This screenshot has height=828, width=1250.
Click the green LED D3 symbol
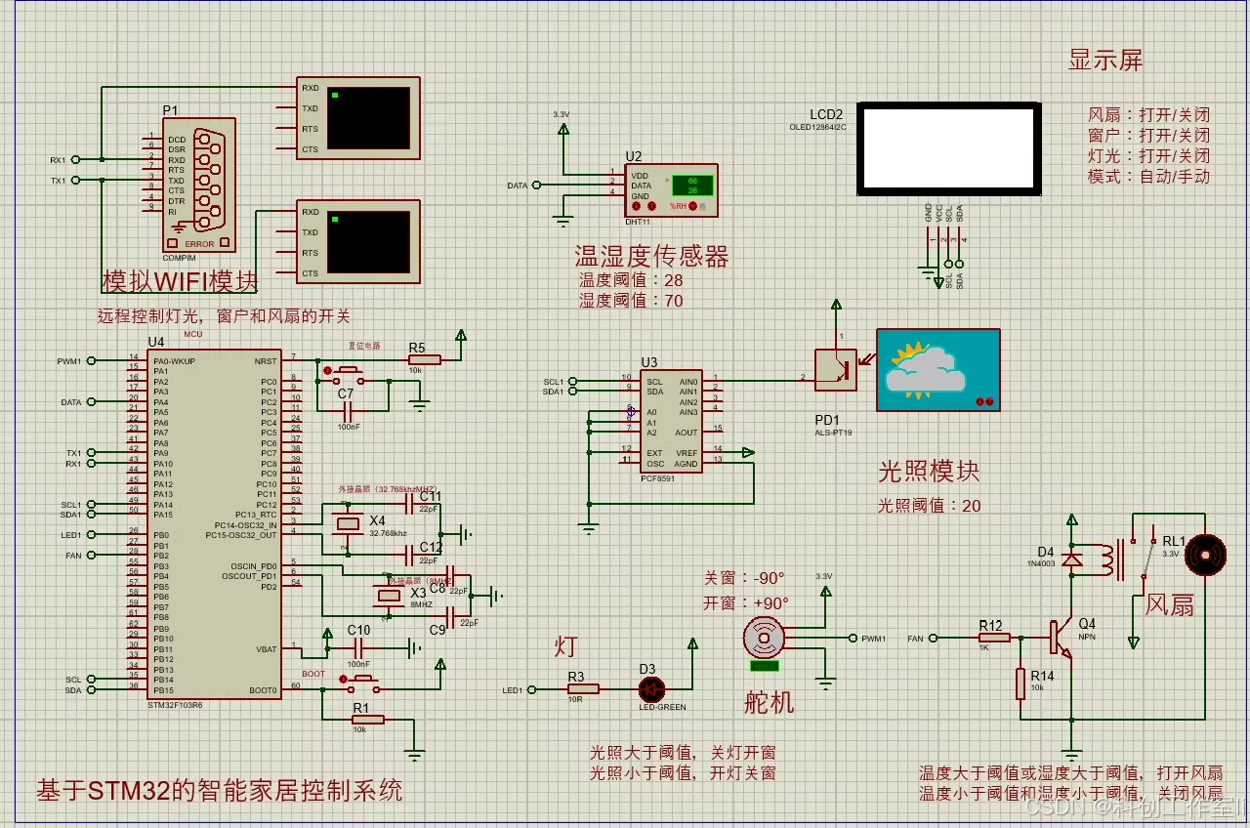(651, 688)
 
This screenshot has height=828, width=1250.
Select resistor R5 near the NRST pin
(424, 360)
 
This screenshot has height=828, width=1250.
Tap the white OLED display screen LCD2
(946, 148)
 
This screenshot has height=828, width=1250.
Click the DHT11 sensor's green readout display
(691, 186)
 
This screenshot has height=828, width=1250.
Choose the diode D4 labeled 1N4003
(1072, 559)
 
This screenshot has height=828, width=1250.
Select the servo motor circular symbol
(765, 638)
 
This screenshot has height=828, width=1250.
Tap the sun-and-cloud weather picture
(937, 370)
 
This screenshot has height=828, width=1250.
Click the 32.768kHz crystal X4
(348, 523)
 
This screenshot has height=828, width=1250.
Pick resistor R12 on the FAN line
(994, 638)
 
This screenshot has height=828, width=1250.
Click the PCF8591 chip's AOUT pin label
(687, 433)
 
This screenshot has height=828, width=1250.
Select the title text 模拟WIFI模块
(181, 281)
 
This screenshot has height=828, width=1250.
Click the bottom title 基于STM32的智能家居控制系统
(219, 789)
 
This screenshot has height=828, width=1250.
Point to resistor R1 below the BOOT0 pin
(367, 720)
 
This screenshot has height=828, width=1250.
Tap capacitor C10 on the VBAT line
(358, 647)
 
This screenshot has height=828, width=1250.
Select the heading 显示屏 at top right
(1104, 61)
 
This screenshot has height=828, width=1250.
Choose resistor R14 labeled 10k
(1021, 683)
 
